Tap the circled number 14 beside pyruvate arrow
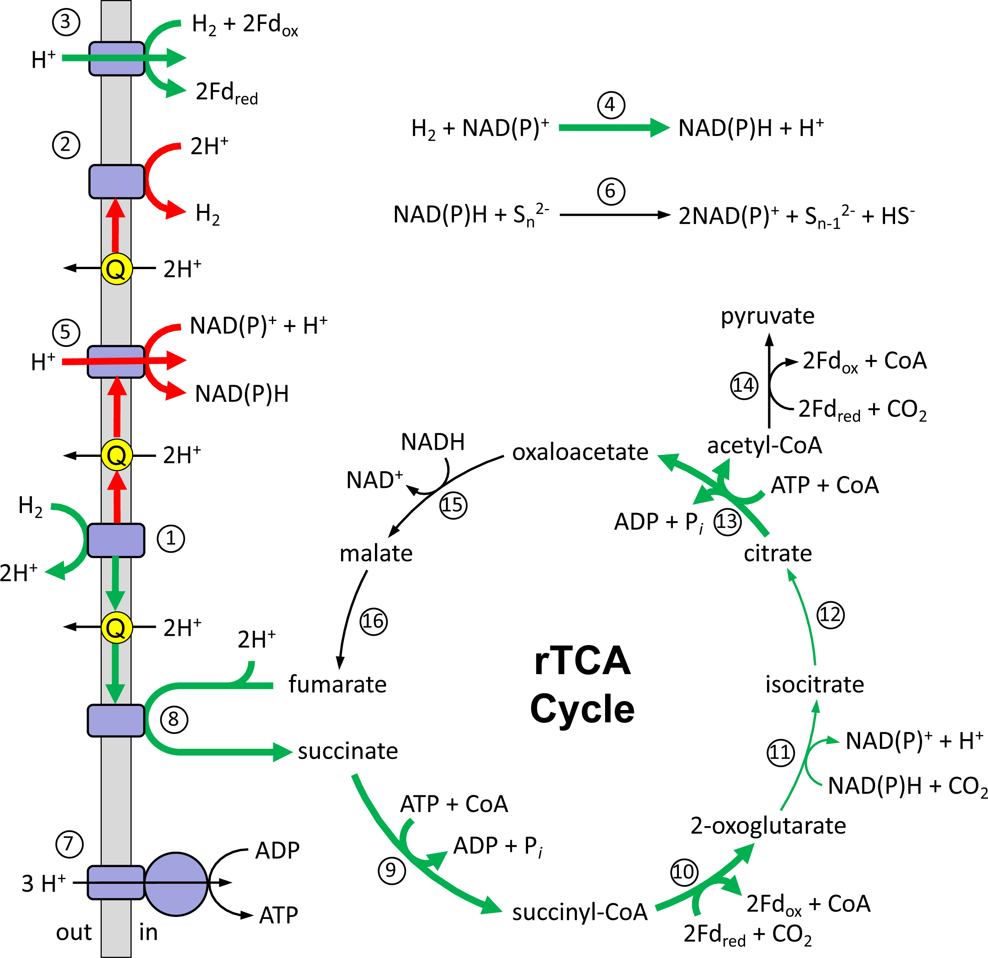(744, 386)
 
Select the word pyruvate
(767, 316)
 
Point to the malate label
(376, 553)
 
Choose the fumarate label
(337, 685)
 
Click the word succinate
(348, 751)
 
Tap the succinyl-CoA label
(580, 912)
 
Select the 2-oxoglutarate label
(768, 826)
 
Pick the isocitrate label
(814, 685)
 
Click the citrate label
(778, 553)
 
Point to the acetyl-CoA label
(764, 445)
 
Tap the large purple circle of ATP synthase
(176, 884)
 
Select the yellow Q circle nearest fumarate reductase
(116, 628)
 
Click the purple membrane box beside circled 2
(116, 181)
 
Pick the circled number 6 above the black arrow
(611, 191)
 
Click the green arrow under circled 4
(614, 128)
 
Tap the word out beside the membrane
(74, 932)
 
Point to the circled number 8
(174, 719)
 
